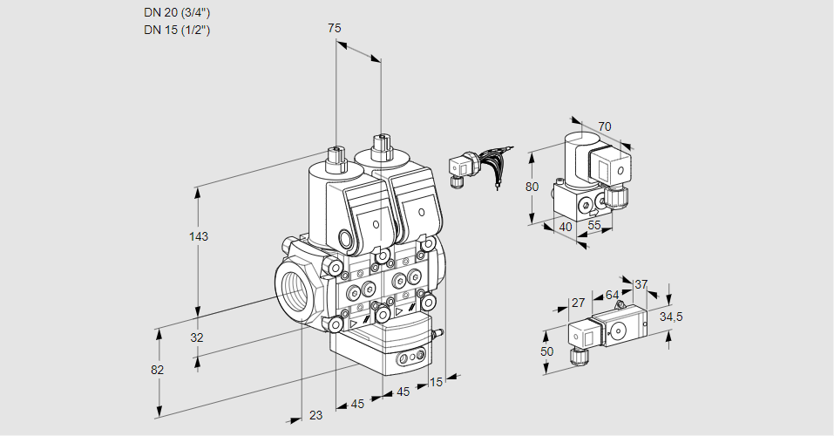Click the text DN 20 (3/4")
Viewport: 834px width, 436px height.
(x=177, y=12)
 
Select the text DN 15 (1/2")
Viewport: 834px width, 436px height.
(x=177, y=30)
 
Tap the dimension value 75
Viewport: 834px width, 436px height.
(x=335, y=29)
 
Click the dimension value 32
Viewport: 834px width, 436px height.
(x=197, y=337)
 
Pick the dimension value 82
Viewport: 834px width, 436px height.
(x=157, y=370)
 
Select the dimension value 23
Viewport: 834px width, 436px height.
(x=315, y=415)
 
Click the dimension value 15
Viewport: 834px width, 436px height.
(x=437, y=381)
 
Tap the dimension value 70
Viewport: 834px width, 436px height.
(x=605, y=126)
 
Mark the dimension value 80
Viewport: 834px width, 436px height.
(x=533, y=186)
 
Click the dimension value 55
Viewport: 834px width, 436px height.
(x=595, y=225)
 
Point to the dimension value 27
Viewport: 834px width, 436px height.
(x=577, y=303)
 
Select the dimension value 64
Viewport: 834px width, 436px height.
(x=612, y=295)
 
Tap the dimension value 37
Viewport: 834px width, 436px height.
(x=641, y=284)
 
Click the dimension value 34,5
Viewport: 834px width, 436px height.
(x=671, y=317)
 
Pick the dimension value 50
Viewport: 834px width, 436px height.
(x=547, y=351)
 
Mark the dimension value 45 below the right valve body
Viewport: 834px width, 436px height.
(x=403, y=392)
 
